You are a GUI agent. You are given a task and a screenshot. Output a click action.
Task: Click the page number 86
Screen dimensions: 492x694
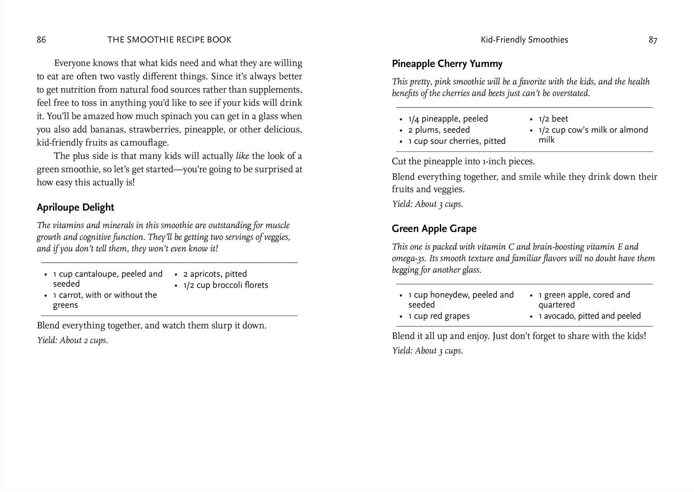point(41,39)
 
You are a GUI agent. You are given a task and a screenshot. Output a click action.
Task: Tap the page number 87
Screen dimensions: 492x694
point(653,40)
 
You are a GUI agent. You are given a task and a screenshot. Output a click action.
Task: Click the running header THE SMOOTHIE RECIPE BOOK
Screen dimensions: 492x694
point(169,39)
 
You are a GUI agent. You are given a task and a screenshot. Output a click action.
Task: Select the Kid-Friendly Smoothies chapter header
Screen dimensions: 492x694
point(524,40)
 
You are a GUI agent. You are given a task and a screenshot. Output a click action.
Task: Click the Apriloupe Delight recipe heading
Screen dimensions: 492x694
point(75,207)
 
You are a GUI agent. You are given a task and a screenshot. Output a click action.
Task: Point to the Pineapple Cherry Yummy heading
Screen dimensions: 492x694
point(447,64)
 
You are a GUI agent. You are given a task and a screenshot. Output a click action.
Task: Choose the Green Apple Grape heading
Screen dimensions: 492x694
point(434,229)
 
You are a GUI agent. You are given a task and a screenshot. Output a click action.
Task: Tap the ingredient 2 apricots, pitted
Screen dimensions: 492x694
point(215,274)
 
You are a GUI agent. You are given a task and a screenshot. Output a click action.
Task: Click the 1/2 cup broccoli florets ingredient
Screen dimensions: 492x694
point(226,285)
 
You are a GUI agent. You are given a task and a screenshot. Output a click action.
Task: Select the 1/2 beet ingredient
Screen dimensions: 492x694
point(553,119)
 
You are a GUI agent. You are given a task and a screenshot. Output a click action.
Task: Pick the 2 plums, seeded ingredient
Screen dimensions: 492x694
point(439,130)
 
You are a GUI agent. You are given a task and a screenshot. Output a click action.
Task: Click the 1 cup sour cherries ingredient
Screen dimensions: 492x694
point(457,141)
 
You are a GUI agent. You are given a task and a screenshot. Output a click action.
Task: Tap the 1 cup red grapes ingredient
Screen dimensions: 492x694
point(439,316)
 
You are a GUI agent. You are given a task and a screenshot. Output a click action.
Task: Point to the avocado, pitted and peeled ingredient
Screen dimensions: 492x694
point(589,316)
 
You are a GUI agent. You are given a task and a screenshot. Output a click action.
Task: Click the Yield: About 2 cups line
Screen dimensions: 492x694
point(73,340)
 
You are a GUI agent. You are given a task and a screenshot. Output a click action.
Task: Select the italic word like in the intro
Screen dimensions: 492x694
point(242,156)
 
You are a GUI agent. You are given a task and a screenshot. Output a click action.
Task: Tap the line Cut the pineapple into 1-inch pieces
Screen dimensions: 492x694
point(463,161)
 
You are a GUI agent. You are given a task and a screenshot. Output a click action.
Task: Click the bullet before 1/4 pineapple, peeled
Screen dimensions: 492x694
point(401,119)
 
